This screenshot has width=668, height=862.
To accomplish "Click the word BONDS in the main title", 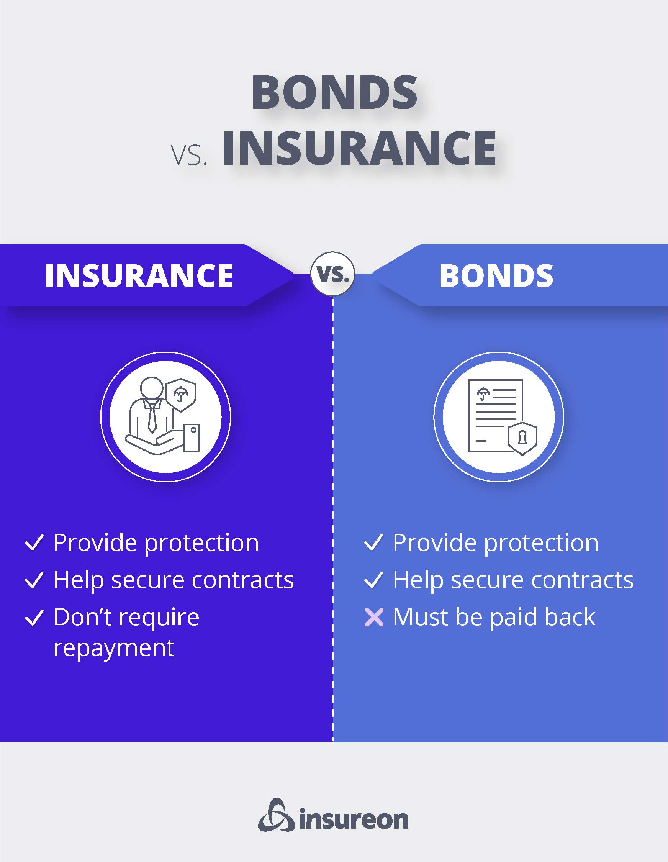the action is click(x=334, y=92).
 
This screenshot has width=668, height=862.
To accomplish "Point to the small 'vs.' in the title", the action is click(x=189, y=155).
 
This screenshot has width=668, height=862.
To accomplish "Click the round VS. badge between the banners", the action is click(x=332, y=274).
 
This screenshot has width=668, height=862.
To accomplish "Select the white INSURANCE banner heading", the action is click(x=139, y=275).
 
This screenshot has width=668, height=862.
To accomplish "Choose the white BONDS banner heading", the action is click(x=496, y=275).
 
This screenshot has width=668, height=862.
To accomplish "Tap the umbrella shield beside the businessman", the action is click(x=181, y=395).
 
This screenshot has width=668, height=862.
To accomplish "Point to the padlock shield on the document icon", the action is click(x=522, y=438).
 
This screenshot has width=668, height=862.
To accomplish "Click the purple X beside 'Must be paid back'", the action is click(x=374, y=618).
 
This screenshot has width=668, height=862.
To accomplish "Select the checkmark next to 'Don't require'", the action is click(x=34, y=617).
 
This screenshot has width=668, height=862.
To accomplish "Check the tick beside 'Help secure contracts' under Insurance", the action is click(x=34, y=580).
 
